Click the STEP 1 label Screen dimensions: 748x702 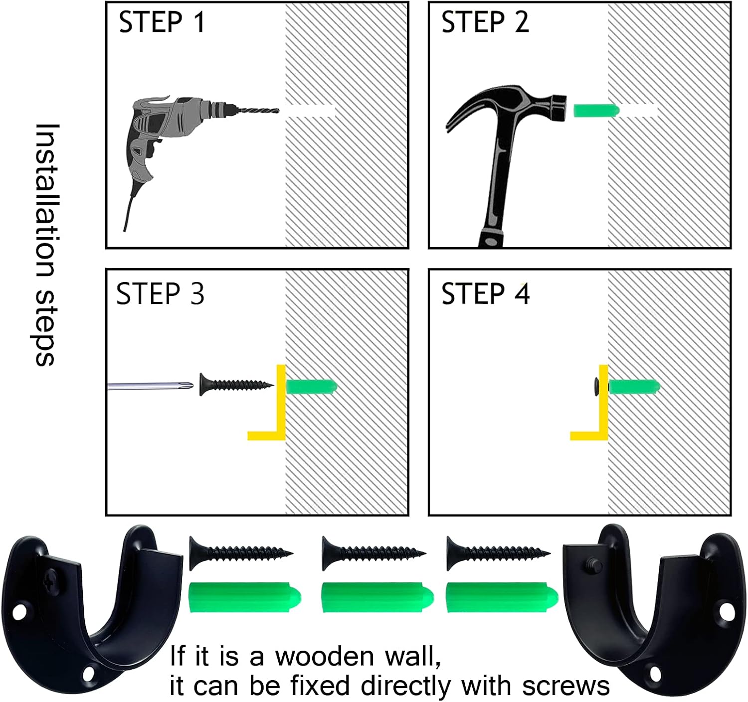(162, 22)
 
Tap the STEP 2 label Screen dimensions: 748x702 (485, 22)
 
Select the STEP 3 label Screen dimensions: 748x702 (160, 294)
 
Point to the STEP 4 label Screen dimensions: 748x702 (486, 294)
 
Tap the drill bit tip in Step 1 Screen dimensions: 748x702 (279, 111)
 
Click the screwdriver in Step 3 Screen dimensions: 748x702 (151, 386)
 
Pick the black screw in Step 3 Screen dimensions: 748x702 (236, 384)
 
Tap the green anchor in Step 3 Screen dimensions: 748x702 (312, 387)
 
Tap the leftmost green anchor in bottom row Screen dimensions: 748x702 (245, 597)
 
